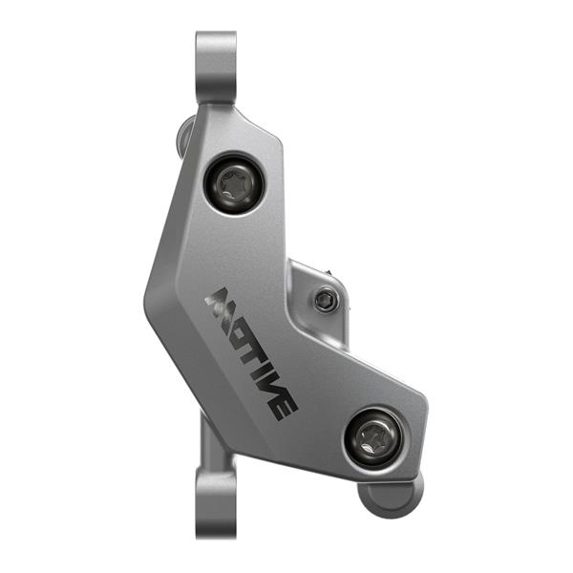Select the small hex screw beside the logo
[x=326, y=300]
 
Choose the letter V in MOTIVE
[x=270, y=380]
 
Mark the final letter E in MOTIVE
[x=284, y=403]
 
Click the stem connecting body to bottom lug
[x=211, y=445]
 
